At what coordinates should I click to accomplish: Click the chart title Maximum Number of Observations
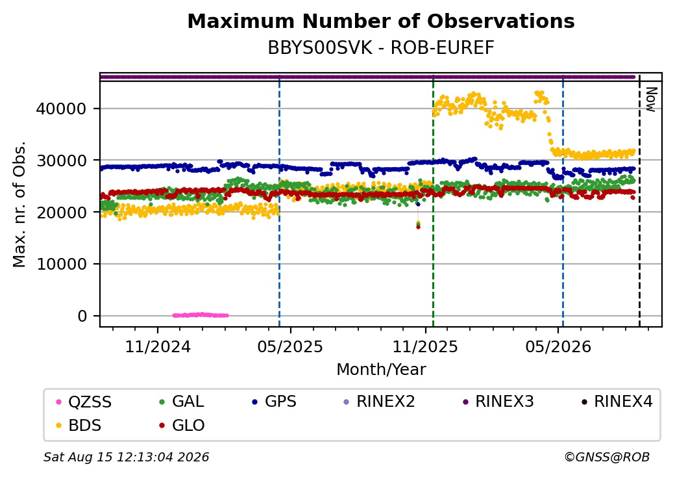(381, 21)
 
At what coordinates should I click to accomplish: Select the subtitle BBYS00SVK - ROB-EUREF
(381, 48)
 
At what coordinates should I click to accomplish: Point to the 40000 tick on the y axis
(61, 109)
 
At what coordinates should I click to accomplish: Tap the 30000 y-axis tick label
(61, 161)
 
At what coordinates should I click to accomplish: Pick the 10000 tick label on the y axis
(61, 264)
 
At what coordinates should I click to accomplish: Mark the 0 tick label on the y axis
(82, 316)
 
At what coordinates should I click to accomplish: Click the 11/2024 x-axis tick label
(158, 346)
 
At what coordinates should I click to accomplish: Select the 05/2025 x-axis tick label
(290, 346)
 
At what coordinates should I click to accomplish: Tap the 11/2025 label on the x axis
(425, 346)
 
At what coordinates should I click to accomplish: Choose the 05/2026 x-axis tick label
(558, 346)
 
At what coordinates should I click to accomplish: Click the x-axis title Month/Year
(381, 370)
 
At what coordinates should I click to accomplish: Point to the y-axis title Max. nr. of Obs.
(19, 204)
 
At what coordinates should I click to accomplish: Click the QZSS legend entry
(84, 402)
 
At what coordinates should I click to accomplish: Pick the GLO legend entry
(182, 426)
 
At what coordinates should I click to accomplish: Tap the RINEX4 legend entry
(617, 402)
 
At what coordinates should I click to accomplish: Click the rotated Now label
(651, 99)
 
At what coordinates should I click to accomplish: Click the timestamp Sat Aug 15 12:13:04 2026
(127, 457)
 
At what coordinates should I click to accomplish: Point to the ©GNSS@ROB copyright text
(607, 457)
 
